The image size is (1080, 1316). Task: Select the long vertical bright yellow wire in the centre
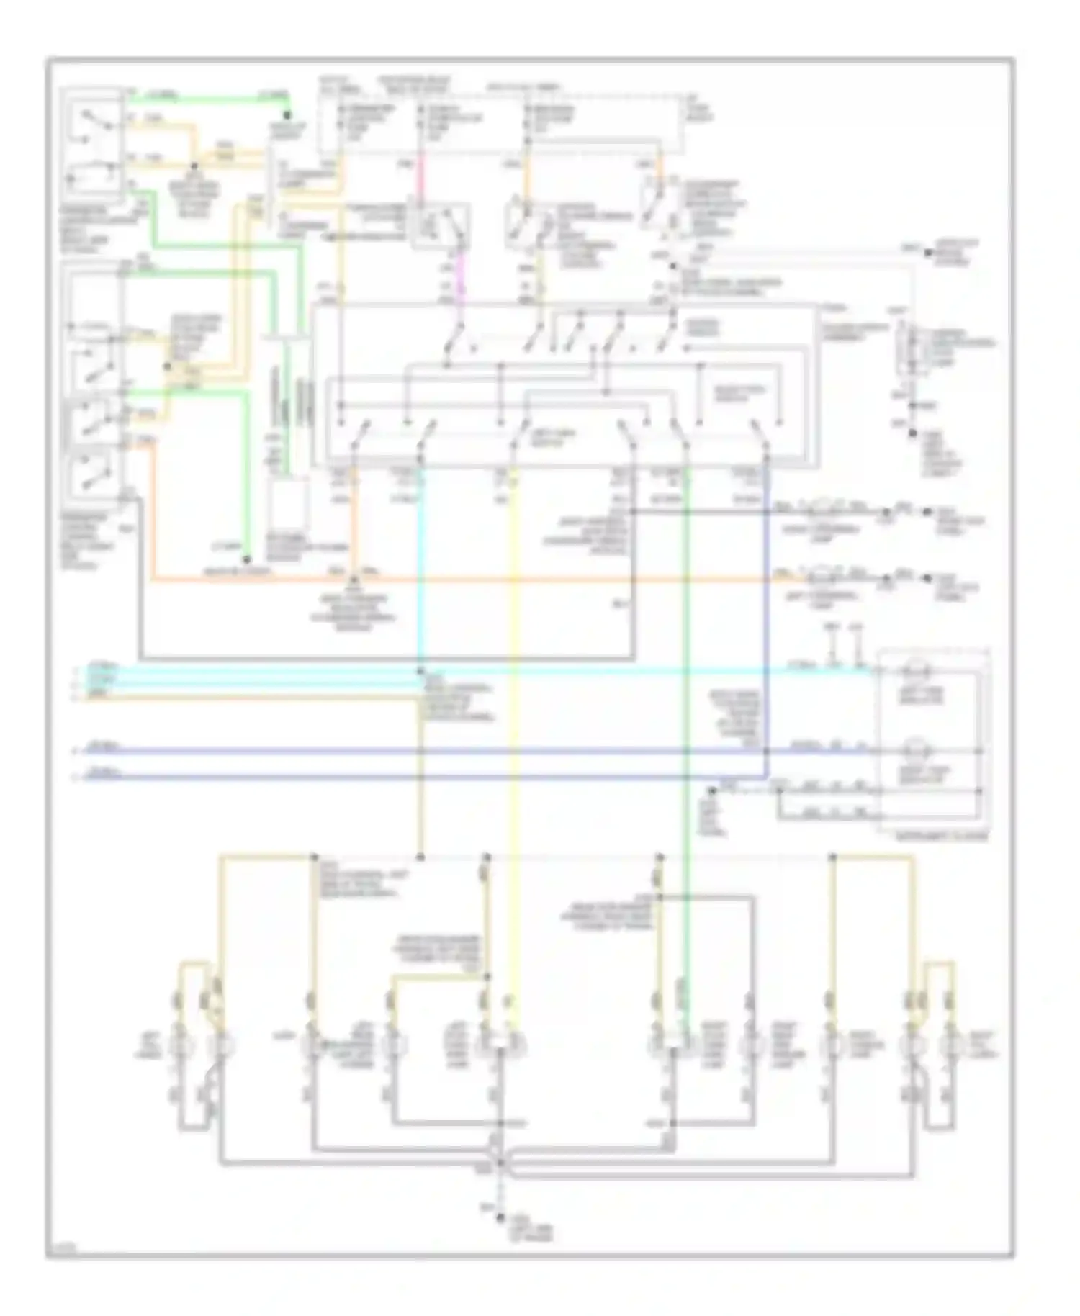pyautogui.click(x=514, y=720)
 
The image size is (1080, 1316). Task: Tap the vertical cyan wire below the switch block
pyautogui.click(x=420, y=576)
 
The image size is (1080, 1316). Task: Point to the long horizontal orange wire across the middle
pyautogui.click(x=504, y=580)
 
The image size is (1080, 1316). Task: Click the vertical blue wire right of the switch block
pyautogui.click(x=766, y=612)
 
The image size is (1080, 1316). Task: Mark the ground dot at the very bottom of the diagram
pyautogui.click(x=499, y=1218)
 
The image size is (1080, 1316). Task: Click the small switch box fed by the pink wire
pyautogui.click(x=440, y=225)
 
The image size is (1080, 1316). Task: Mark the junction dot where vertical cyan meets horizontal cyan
pyautogui.click(x=420, y=671)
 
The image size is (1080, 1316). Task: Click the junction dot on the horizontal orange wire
pyautogui.click(x=354, y=580)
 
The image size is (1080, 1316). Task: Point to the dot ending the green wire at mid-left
pyautogui.click(x=246, y=559)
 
